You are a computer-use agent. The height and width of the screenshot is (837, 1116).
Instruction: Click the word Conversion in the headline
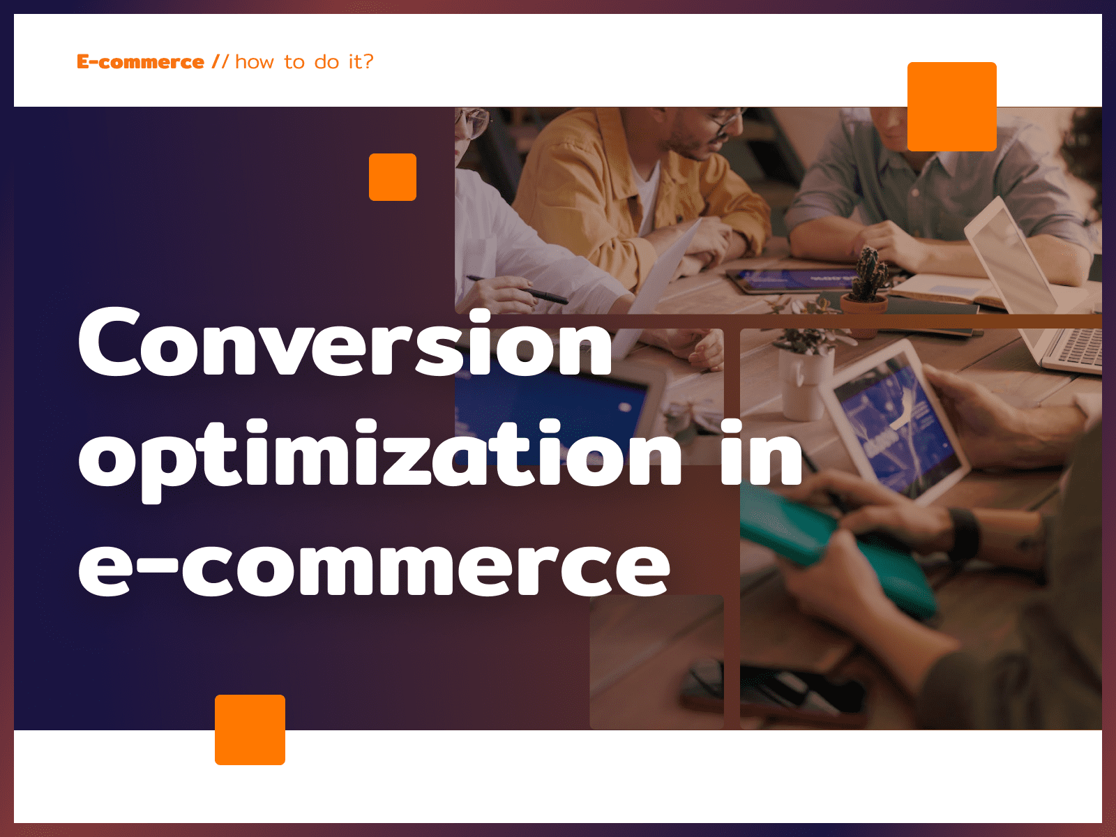[345, 342]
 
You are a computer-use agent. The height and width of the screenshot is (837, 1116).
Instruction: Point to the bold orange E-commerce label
[140, 62]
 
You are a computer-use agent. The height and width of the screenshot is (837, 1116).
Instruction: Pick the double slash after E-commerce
[220, 61]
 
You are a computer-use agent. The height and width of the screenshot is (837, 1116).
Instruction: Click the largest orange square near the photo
[952, 106]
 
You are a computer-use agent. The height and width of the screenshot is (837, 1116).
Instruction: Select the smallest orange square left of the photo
[393, 177]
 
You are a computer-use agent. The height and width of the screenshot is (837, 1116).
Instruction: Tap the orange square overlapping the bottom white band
[250, 730]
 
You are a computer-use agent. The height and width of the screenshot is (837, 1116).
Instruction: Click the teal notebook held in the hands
[834, 549]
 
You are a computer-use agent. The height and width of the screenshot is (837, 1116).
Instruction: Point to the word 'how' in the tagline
[255, 62]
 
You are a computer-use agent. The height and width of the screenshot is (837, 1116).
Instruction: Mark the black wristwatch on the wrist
[963, 533]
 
